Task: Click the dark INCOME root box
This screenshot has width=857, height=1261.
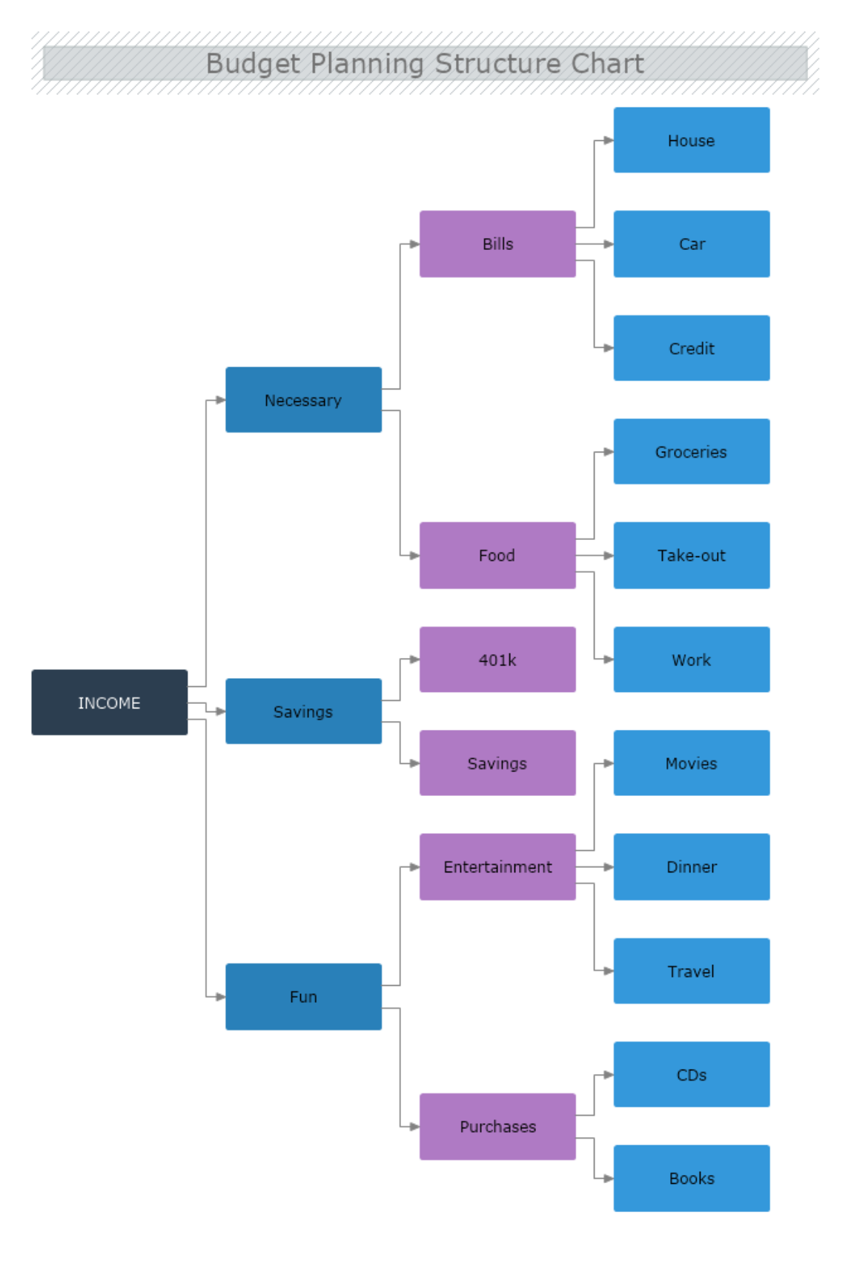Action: click(x=109, y=702)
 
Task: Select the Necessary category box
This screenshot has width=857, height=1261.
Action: click(x=303, y=400)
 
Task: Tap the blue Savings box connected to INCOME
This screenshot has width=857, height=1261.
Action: click(x=303, y=711)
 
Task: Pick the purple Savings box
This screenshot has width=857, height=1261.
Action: click(x=497, y=763)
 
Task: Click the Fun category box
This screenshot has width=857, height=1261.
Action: click(x=303, y=996)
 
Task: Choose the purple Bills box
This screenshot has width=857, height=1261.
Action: click(x=497, y=244)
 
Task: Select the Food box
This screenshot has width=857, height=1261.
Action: click(x=497, y=556)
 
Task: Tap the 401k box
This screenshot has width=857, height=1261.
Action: click(x=497, y=659)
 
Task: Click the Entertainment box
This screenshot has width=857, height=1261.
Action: click(x=497, y=867)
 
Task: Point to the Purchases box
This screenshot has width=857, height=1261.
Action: click(x=497, y=1126)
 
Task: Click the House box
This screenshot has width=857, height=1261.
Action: click(x=691, y=140)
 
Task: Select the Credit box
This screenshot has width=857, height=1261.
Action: click(x=691, y=348)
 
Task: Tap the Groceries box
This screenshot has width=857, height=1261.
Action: click(x=691, y=452)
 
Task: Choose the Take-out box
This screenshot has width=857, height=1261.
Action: click(x=691, y=556)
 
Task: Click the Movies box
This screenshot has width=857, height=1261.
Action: click(x=691, y=763)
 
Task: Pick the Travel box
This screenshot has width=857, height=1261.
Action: click(x=691, y=971)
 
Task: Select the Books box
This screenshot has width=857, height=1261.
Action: click(x=691, y=1178)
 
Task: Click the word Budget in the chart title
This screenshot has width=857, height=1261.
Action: click(x=253, y=64)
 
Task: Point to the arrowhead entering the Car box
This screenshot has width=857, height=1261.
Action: click(x=609, y=244)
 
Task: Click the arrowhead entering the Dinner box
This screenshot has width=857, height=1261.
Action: click(x=609, y=867)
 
